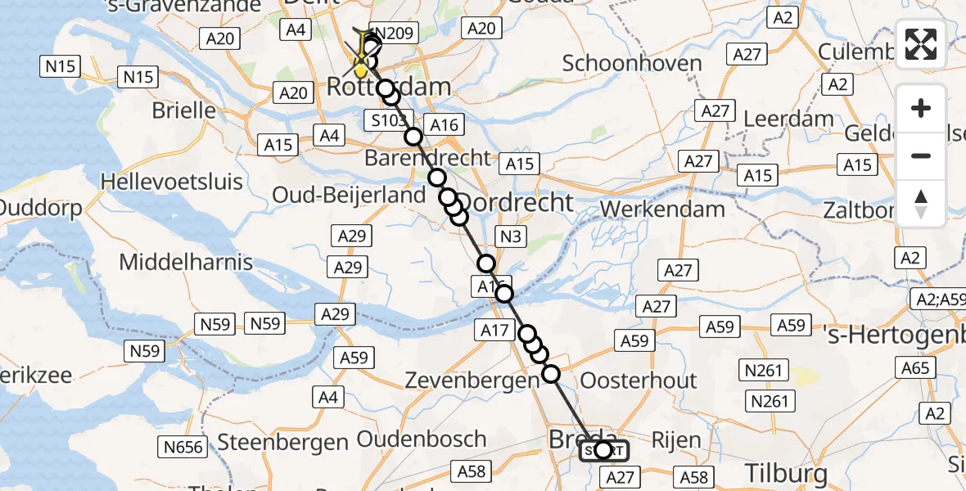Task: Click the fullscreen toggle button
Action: [x=921, y=44]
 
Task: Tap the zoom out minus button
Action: [x=921, y=155]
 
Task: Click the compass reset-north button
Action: [x=921, y=203]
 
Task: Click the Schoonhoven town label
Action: [x=633, y=63]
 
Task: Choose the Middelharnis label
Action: [x=186, y=263]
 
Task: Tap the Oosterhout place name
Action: [x=639, y=380]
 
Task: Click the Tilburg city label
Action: [x=786, y=472]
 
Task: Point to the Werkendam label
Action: [x=662, y=209]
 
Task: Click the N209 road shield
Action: [x=394, y=34]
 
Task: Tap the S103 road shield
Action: [x=386, y=121]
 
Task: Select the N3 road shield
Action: [x=510, y=237]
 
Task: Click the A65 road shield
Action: [x=915, y=369]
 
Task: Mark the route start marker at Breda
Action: [x=603, y=450]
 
